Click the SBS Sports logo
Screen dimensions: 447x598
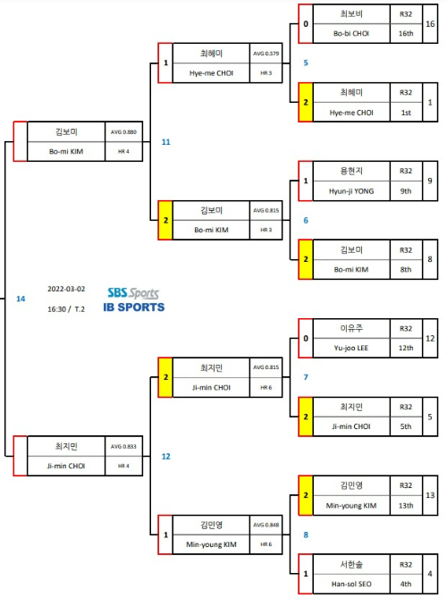tap(133, 293)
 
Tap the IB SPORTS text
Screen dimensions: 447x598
tap(134, 307)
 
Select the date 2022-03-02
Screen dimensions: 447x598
tap(66, 289)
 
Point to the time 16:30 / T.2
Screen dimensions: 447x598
tap(66, 309)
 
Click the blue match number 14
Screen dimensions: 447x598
tap(21, 299)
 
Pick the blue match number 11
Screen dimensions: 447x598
tap(166, 142)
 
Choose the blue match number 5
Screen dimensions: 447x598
tap(306, 63)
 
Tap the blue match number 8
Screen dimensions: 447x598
tap(306, 535)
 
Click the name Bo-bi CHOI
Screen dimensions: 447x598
tap(351, 34)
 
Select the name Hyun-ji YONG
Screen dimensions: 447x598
tap(351, 191)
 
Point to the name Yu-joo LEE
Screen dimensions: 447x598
tap(351, 348)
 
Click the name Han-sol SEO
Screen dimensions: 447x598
tap(351, 584)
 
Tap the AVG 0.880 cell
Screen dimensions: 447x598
tap(123, 132)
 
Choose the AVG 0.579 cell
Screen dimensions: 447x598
tap(266, 54)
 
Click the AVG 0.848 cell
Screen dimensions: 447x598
tap(266, 525)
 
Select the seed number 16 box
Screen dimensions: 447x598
tap(430, 24)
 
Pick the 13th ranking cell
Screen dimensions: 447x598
tap(406, 505)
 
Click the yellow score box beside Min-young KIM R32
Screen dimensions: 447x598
tap(306, 495)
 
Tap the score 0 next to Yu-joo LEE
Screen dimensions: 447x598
tap(306, 338)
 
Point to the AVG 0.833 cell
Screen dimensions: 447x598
tap(123, 446)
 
